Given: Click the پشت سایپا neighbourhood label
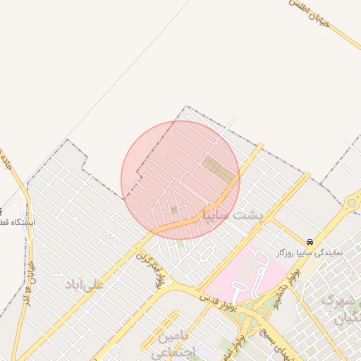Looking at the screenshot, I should pos(231,213).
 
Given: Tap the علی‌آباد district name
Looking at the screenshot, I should pos(85,284).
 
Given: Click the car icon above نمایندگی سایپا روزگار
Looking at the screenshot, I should pos(310,241).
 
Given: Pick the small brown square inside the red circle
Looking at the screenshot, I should pos(174,209).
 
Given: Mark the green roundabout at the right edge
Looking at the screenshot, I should pos(351,204).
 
